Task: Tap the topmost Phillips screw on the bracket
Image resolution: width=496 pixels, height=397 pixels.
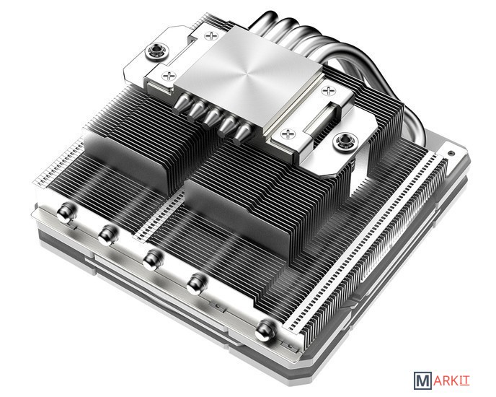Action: (211, 35)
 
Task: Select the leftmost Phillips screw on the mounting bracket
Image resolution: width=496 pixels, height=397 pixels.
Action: (169, 76)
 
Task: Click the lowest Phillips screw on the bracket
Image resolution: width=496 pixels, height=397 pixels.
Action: (288, 134)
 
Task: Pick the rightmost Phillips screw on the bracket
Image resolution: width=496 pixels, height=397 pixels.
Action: (329, 91)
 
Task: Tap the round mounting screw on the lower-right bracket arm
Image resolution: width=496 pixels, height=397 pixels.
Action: (346, 141)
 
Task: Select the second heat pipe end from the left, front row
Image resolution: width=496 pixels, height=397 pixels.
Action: (108, 235)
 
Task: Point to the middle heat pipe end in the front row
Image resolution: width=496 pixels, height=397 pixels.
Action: (152, 259)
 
